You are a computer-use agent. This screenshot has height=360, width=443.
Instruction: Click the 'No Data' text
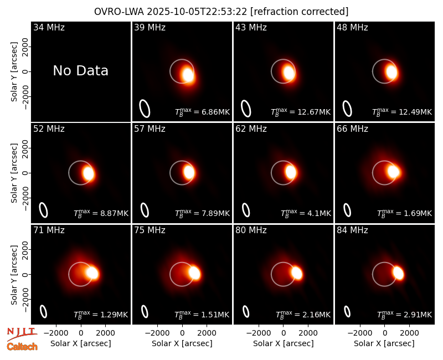click(x=80, y=71)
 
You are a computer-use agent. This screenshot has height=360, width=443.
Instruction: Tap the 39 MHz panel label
click(x=150, y=27)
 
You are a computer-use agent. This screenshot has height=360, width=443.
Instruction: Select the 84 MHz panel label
click(x=352, y=230)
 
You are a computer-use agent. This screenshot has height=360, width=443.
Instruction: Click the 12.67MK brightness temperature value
click(x=314, y=112)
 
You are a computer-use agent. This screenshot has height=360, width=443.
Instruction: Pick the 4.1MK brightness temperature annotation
click(x=319, y=214)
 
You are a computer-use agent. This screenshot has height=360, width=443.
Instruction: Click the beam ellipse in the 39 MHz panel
click(x=145, y=109)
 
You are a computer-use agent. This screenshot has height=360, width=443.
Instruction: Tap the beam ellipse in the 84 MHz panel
click(x=347, y=312)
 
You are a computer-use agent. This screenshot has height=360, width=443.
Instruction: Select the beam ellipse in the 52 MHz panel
click(x=43, y=210)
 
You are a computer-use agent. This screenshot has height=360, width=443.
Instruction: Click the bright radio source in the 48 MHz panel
click(x=392, y=72)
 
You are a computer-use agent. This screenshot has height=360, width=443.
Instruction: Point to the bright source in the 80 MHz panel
click(x=297, y=273)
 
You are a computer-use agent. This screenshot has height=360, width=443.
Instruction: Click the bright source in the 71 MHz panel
click(x=92, y=273)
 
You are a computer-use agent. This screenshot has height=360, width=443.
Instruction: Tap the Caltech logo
click(x=22, y=347)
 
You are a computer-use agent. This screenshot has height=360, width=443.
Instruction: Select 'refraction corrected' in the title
click(x=300, y=12)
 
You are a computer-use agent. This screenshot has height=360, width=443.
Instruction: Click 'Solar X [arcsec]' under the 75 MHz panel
click(x=182, y=343)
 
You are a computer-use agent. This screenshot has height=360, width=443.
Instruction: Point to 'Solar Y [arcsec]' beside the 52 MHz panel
click(x=14, y=173)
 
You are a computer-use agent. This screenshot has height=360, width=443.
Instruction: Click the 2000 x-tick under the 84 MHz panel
click(x=409, y=333)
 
